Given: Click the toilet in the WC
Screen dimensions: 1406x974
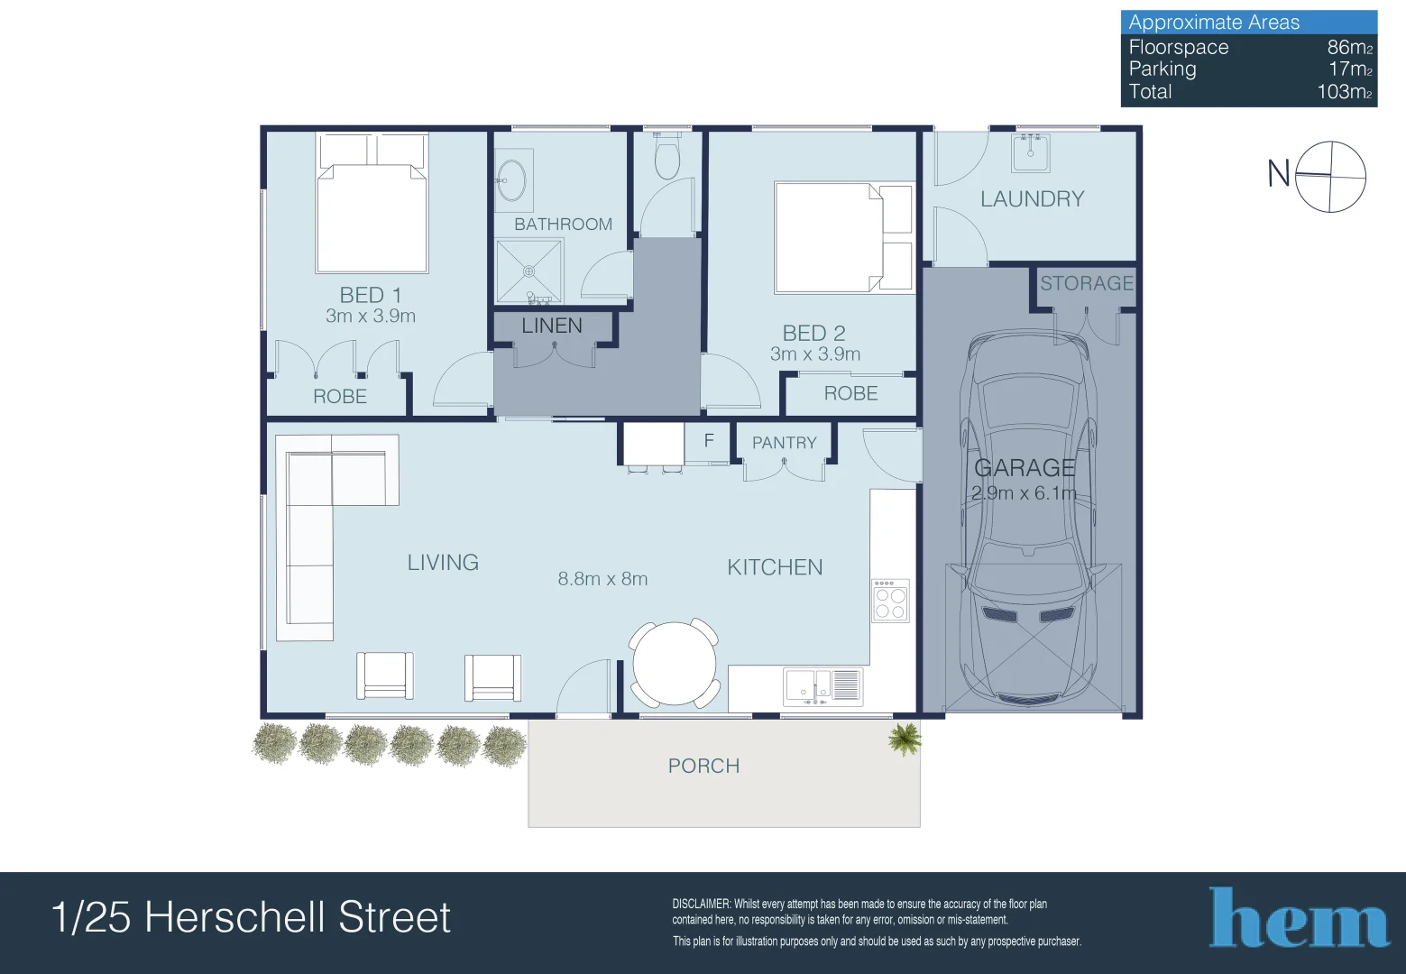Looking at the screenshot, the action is point(666,156).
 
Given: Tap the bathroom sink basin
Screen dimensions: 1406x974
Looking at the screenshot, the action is point(511,180).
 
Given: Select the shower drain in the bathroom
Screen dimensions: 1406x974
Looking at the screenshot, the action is point(528,271).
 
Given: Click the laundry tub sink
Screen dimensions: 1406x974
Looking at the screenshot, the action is point(1030,153).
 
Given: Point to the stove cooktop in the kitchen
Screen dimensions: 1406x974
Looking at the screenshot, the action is point(890,601).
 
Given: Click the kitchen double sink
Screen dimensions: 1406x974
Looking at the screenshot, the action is point(822,686).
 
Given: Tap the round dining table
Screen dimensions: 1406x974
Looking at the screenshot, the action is point(674,664).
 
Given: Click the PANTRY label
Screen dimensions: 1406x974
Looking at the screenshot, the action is point(784,443).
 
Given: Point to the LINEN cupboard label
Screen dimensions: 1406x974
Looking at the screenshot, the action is point(552,326).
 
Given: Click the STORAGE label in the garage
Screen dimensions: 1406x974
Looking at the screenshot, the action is point(1087,283).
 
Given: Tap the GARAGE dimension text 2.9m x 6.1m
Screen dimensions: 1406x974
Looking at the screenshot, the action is point(1024,493).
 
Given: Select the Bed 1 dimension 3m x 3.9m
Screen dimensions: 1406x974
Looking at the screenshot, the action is point(371,316).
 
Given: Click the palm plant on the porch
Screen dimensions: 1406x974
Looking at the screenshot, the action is point(905,740).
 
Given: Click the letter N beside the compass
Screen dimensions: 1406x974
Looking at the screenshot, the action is point(1278,173).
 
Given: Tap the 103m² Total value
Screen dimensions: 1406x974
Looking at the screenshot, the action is point(1344,92).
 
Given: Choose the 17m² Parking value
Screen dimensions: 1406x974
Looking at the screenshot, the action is point(1350,69).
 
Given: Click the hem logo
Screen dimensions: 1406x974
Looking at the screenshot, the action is point(1298,917).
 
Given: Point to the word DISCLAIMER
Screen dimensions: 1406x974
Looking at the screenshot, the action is point(701,905).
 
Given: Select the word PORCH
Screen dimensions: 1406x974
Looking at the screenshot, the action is point(703,767).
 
